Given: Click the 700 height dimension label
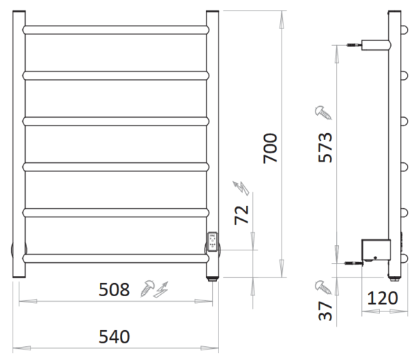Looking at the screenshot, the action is (270, 148).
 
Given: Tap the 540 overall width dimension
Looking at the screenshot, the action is (114, 336).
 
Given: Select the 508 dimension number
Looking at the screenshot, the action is (114, 289).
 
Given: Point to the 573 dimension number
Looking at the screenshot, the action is (325, 147).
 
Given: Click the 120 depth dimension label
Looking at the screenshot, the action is (382, 298).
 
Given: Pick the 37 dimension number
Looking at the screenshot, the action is (325, 311).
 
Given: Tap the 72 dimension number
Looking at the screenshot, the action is (241, 215).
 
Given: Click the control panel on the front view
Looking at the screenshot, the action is (213, 241).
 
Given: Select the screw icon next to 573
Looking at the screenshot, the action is (323, 112).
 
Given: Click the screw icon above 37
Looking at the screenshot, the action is (323, 287).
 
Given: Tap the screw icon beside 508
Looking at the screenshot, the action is (147, 288).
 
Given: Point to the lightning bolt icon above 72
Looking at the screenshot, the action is (241, 188).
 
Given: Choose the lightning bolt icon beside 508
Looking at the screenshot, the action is (162, 289).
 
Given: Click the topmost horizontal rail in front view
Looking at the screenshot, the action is (116, 30).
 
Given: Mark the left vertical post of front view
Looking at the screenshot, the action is (19, 144).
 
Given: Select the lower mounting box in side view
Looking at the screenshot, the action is (376, 250).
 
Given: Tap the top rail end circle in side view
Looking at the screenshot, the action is (404, 30).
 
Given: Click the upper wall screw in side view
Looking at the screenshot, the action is (354, 45).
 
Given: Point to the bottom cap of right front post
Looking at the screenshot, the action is (213, 280).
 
